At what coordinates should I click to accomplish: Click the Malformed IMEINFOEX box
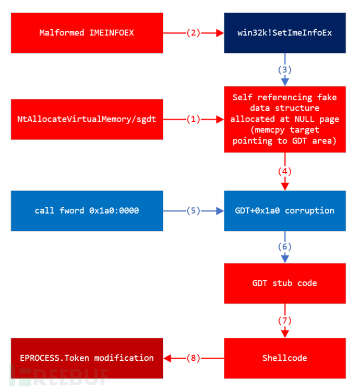pyautogui.click(x=87, y=32)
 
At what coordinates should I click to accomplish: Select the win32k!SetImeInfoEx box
pyautogui.click(x=285, y=32)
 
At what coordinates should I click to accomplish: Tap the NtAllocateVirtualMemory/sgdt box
pyautogui.click(x=87, y=119)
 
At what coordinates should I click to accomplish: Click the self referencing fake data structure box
pyautogui.click(x=285, y=119)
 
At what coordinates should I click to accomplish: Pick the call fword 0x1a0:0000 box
pyautogui.click(x=87, y=210)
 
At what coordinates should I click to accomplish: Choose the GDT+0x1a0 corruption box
pyautogui.click(x=285, y=210)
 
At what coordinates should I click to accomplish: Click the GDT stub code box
pyautogui.click(x=285, y=283)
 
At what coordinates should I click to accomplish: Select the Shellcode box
pyautogui.click(x=285, y=358)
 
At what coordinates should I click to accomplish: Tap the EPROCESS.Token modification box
pyautogui.click(x=87, y=358)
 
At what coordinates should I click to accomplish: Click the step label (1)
pyautogui.click(x=194, y=119)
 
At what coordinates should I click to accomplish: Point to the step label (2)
pyautogui.click(x=194, y=32)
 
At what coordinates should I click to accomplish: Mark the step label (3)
pyautogui.click(x=285, y=69)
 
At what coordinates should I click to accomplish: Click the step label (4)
pyautogui.click(x=285, y=171)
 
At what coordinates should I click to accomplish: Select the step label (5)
pyautogui.click(x=194, y=210)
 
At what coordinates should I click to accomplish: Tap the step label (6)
pyautogui.click(x=285, y=246)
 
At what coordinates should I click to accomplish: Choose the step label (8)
pyautogui.click(x=194, y=358)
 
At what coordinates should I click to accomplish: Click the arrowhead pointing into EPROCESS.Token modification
pyautogui.click(x=167, y=358)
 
